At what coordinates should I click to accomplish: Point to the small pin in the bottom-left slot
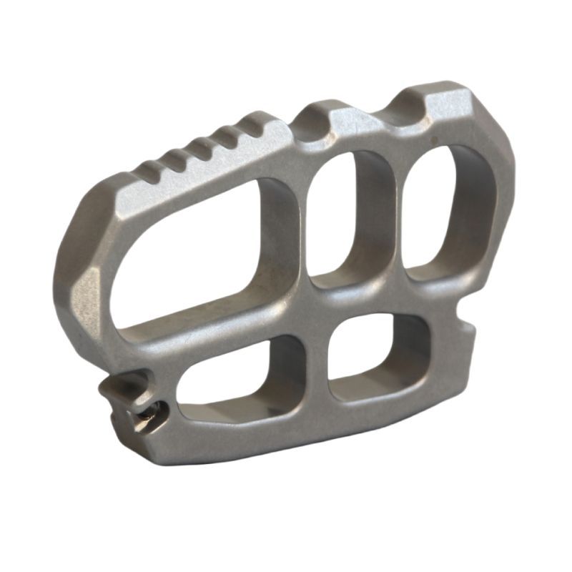[x=152, y=410]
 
